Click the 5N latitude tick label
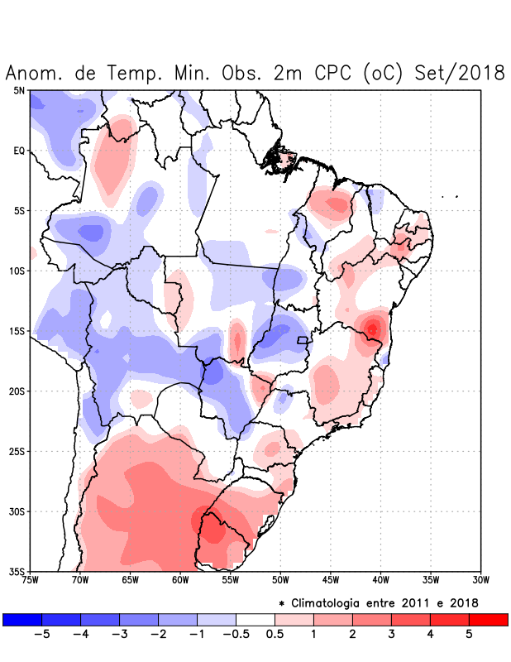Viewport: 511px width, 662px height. pos(18,90)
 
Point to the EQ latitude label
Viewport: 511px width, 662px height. pos(18,151)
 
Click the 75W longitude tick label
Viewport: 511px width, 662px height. pos(31,580)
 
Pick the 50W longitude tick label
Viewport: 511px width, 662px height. pos(280,580)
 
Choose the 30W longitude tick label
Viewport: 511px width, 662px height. pos(480,580)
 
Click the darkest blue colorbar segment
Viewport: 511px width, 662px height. pos(22,620)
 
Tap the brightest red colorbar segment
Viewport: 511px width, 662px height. pos(488,620)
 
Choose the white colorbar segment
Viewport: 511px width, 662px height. pos(255,620)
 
